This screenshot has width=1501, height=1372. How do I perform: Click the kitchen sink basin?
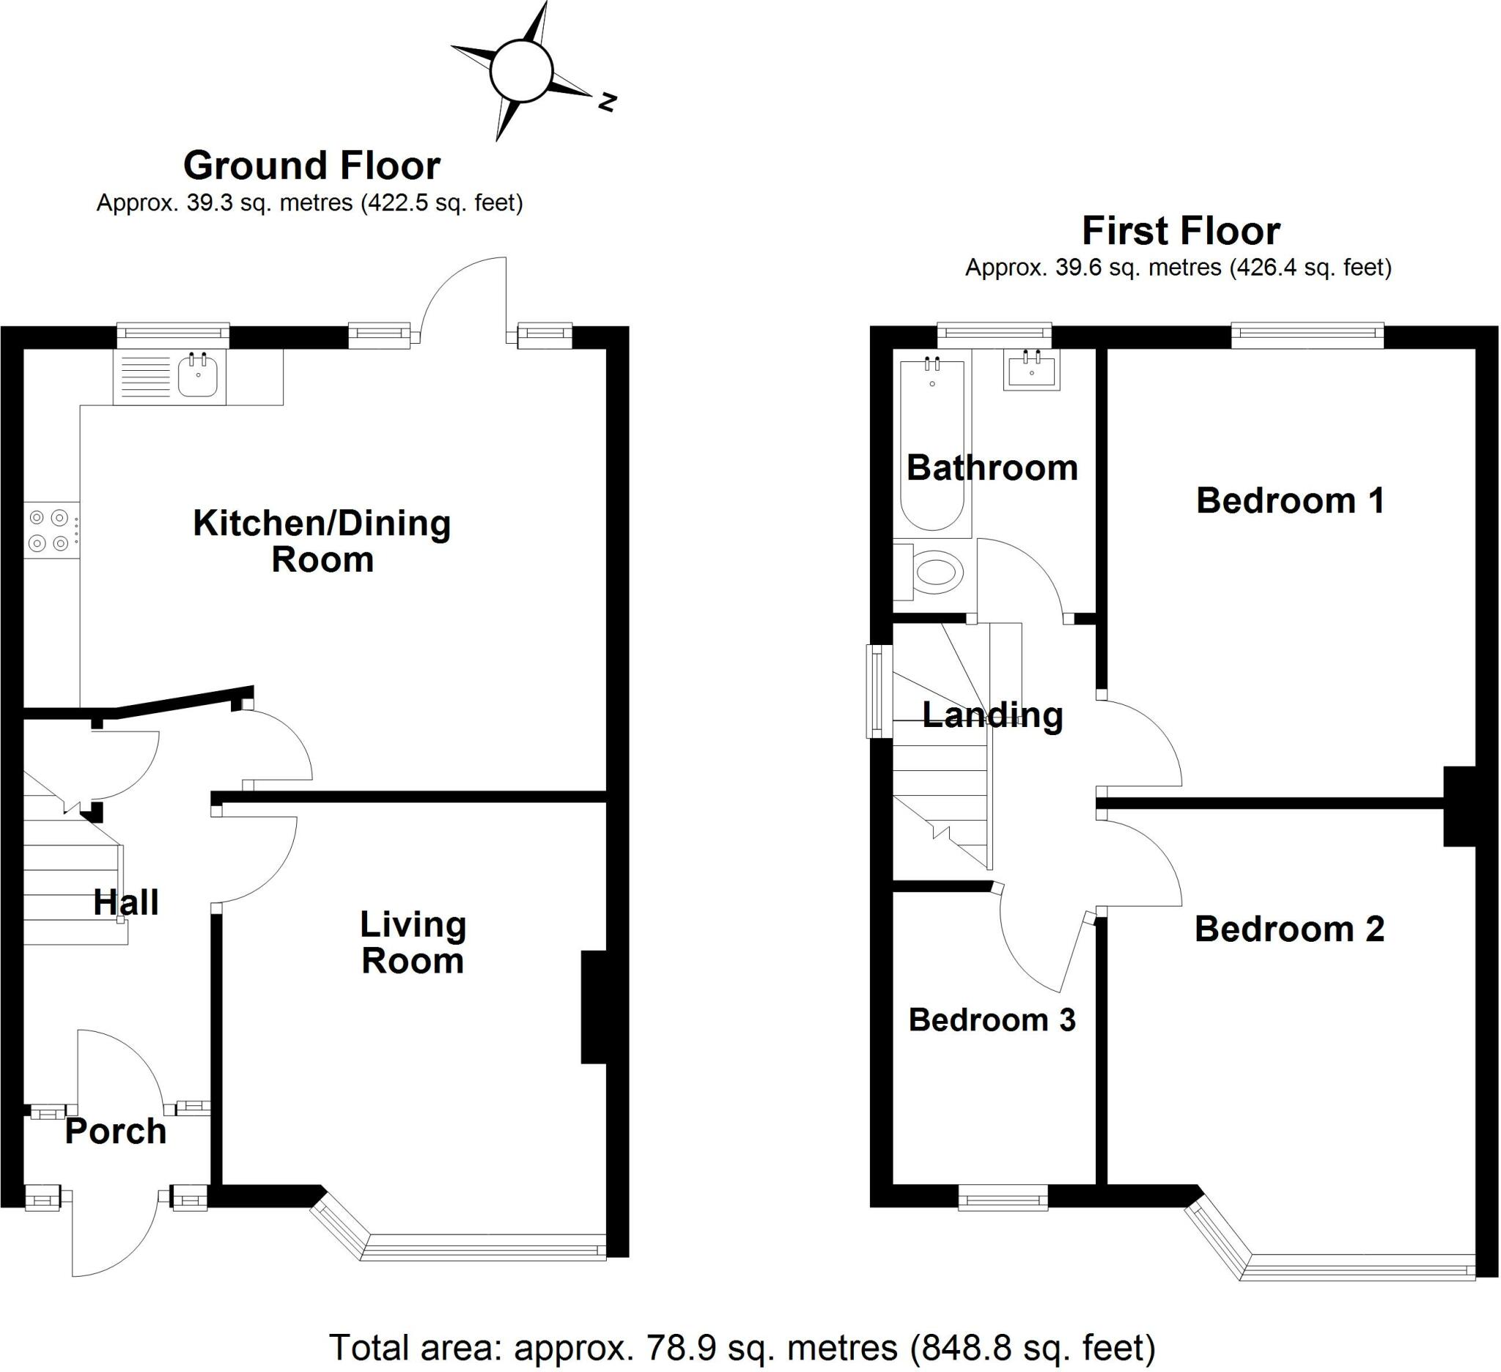click(197, 377)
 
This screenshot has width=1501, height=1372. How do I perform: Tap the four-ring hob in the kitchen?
click(51, 529)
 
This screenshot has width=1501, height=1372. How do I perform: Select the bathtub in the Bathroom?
click(932, 444)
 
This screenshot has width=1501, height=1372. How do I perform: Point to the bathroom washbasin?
click(1031, 369)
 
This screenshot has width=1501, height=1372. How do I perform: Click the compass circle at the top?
click(521, 72)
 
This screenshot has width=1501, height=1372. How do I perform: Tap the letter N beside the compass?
click(608, 102)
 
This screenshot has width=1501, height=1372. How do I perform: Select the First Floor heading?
click(1181, 231)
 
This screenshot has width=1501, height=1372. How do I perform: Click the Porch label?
click(115, 1132)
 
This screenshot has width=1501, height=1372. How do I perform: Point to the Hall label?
click(126, 903)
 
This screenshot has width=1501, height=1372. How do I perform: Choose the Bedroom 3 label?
click(992, 1020)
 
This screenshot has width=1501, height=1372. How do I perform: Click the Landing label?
click(992, 715)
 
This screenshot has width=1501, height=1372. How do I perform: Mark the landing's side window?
click(879, 691)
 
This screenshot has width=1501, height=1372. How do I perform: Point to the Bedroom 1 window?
click(1308, 335)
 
